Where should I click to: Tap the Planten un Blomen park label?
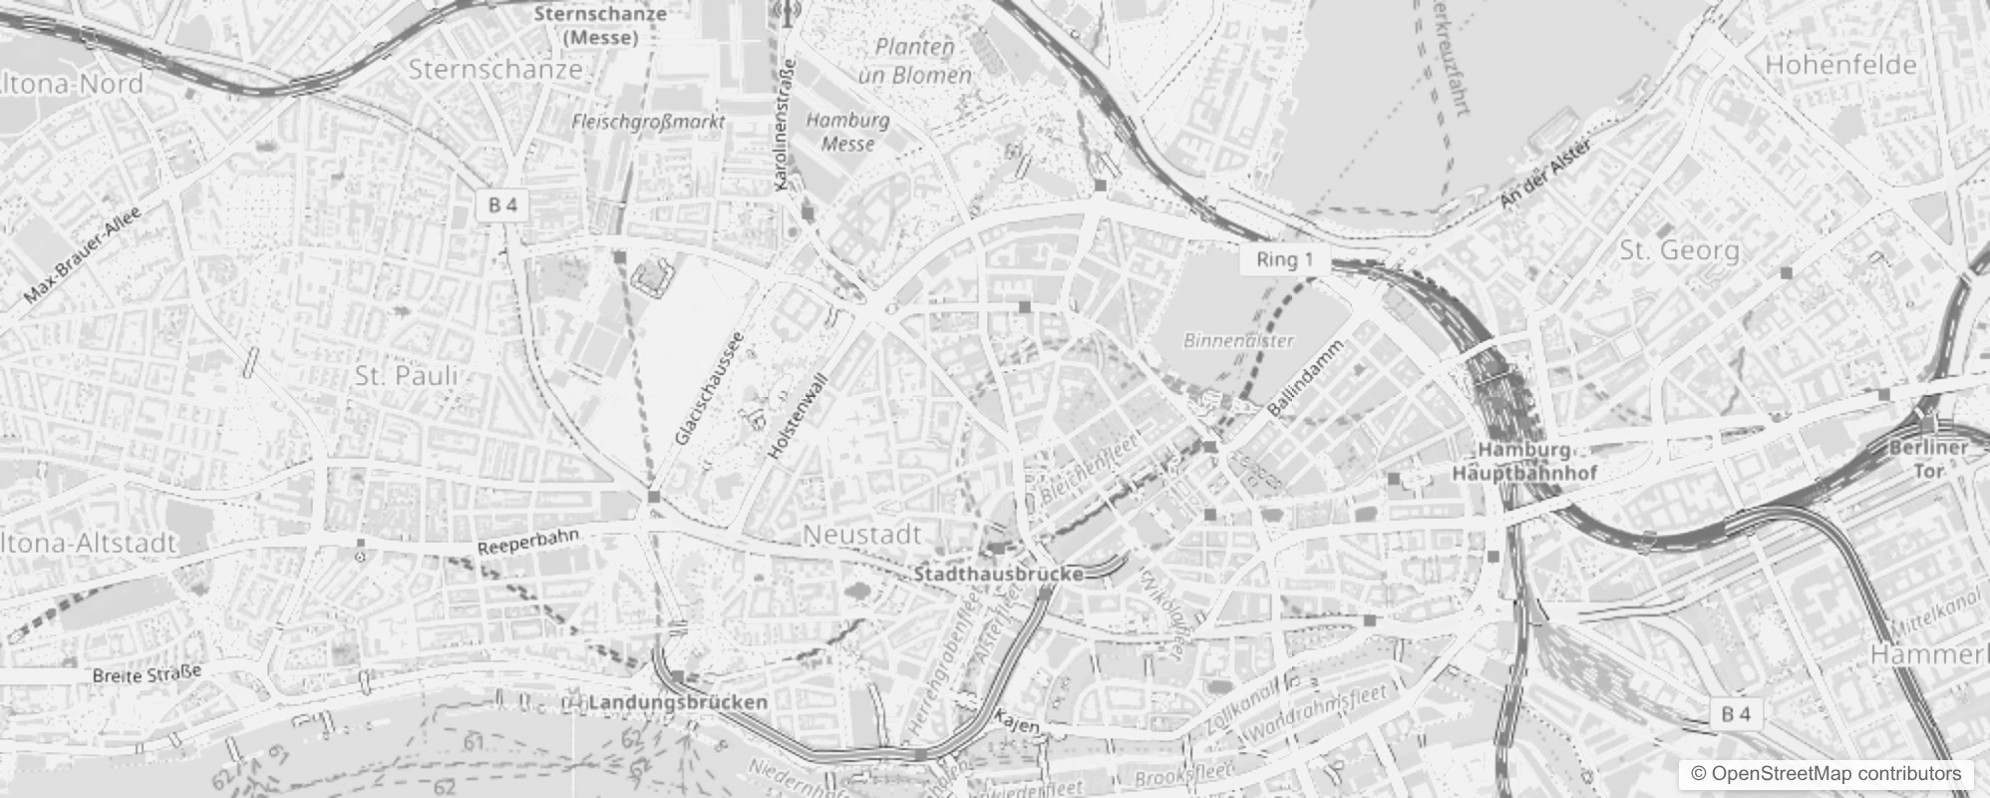(x=914, y=61)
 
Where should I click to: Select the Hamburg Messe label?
(x=847, y=132)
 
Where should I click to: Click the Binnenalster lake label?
(x=1238, y=340)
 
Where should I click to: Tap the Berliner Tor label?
(x=1928, y=458)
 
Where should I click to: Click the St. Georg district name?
(x=1679, y=250)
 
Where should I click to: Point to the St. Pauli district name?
(x=406, y=376)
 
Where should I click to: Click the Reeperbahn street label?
(x=527, y=543)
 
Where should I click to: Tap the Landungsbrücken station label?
(x=677, y=702)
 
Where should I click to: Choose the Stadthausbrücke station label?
(x=998, y=575)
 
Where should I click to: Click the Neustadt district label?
(x=861, y=535)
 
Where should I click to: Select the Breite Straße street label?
(x=147, y=675)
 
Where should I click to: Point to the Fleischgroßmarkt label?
(x=648, y=122)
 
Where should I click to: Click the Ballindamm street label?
(x=1306, y=378)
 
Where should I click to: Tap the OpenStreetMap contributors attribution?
(x=1825, y=774)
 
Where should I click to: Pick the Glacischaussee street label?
(x=709, y=388)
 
